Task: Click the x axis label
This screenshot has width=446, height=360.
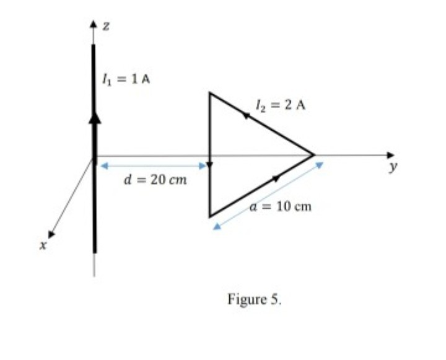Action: [x=43, y=247]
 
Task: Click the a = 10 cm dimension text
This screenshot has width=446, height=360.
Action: [x=281, y=207]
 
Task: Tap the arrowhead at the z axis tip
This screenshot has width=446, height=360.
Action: [x=94, y=26]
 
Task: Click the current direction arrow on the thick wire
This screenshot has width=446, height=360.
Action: [x=94, y=120]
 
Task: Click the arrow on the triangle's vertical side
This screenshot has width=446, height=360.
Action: [x=209, y=165]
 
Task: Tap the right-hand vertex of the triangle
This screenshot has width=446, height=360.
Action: [x=314, y=155]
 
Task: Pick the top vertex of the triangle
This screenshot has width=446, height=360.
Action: [x=209, y=93]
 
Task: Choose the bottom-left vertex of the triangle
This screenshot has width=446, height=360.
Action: [x=209, y=216]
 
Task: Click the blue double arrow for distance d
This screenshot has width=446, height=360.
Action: [x=153, y=166]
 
